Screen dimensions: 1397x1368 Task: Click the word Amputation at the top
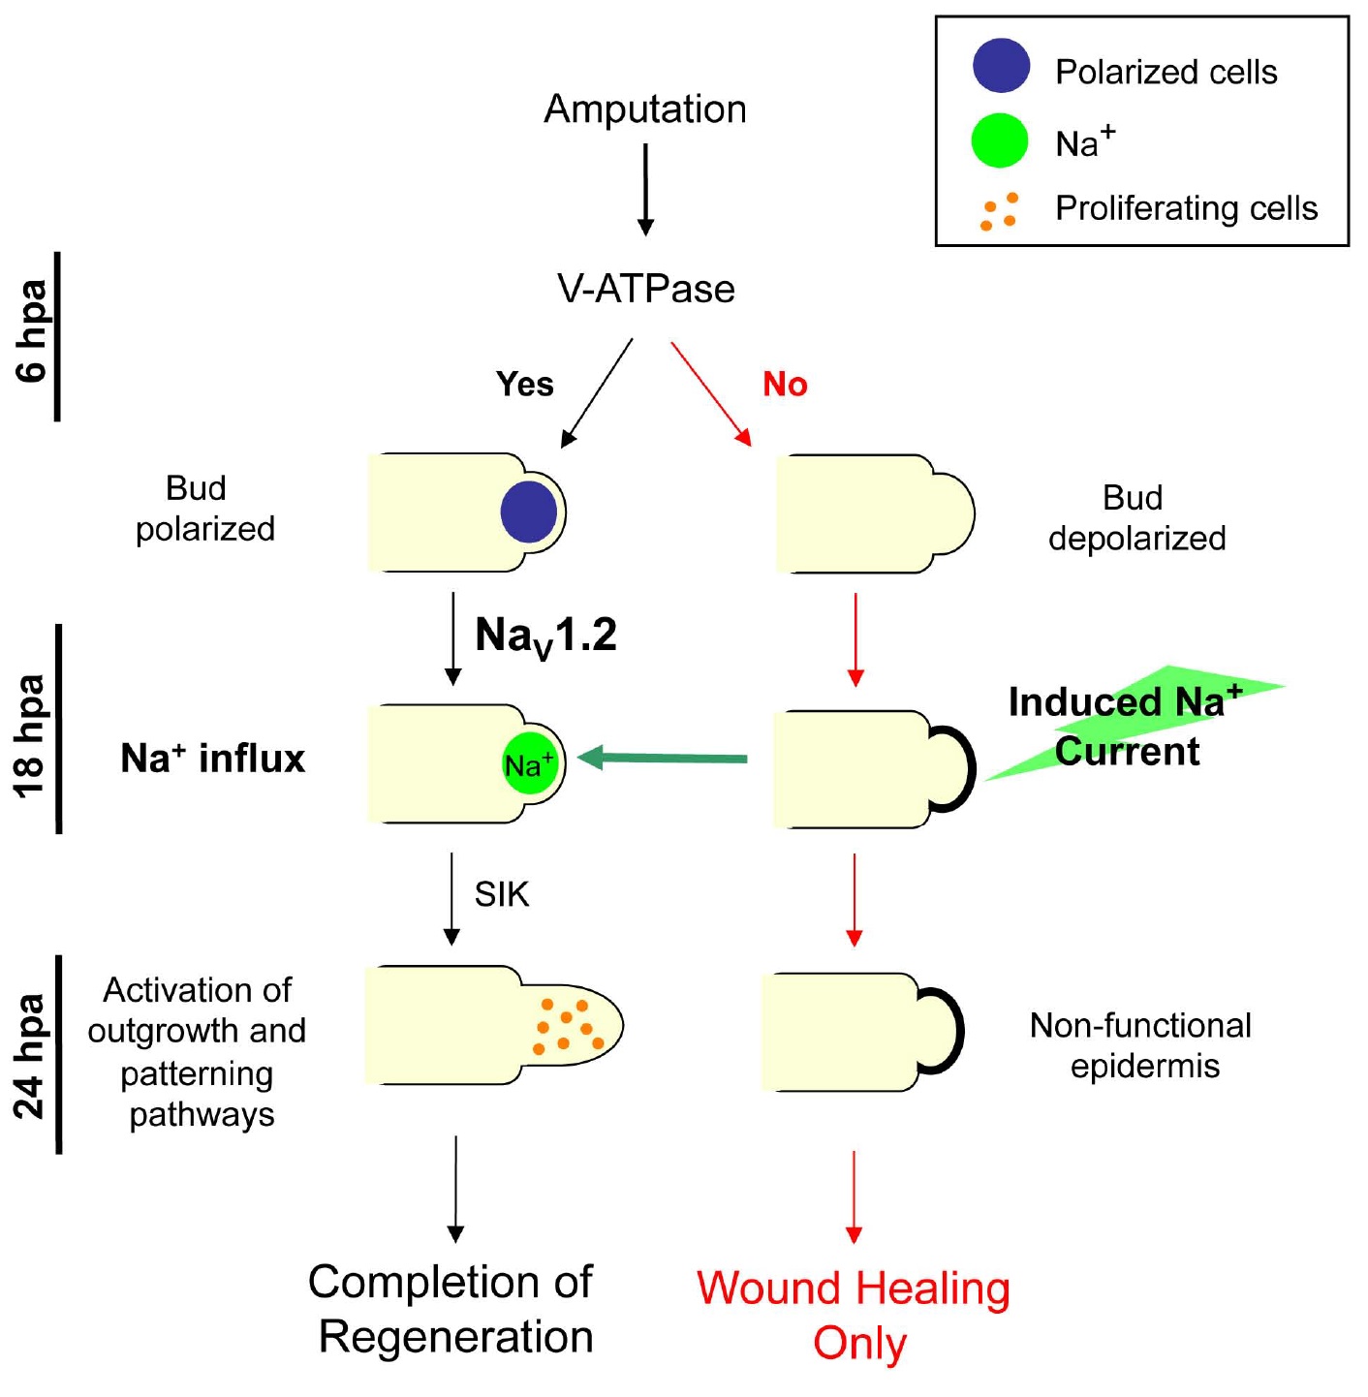pyautogui.click(x=645, y=109)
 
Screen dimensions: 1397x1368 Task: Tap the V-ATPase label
pyautogui.click(x=645, y=289)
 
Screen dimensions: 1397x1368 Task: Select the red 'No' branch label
pyautogui.click(x=785, y=385)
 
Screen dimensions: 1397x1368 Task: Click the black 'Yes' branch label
pyautogui.click(x=524, y=385)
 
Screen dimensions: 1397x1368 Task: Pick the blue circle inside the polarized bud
pyautogui.click(x=529, y=512)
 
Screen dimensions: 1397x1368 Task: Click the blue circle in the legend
pyautogui.click(x=1001, y=66)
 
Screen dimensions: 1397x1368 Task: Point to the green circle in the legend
pyautogui.click(x=1000, y=140)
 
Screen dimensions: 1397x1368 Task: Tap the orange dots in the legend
pyautogui.click(x=1000, y=211)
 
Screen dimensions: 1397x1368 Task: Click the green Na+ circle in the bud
pyautogui.click(x=530, y=764)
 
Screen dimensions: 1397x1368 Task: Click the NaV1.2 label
pyautogui.click(x=545, y=637)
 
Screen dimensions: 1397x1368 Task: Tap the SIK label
pyautogui.click(x=502, y=894)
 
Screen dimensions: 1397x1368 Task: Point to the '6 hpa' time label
pyautogui.click(x=33, y=330)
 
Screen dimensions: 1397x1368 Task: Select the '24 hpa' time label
pyautogui.click(x=31, y=1057)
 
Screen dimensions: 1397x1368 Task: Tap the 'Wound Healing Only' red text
pyautogui.click(x=854, y=1316)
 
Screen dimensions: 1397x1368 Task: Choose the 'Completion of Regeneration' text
pyautogui.click(x=452, y=1309)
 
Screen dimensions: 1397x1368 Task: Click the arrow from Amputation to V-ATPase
pyautogui.click(x=645, y=189)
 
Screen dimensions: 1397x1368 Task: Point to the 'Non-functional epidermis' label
pyautogui.click(x=1141, y=1045)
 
